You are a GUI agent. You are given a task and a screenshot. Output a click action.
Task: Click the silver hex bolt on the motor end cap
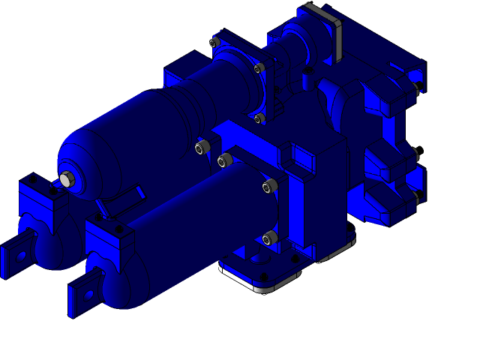(x=66, y=178)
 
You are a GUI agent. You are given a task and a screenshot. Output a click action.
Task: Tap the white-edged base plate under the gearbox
(x=255, y=280)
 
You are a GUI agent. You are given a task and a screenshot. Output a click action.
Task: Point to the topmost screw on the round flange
(x=214, y=43)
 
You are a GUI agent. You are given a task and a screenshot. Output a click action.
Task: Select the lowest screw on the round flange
(x=259, y=118)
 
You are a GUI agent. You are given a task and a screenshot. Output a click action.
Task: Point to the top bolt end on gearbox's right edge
(x=415, y=88)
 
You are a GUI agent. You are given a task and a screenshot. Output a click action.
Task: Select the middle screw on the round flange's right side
(x=259, y=68)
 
